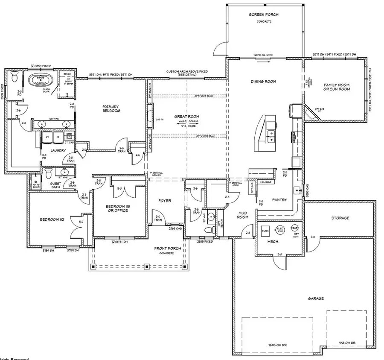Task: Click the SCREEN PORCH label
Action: click(264, 15)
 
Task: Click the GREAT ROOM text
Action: click(187, 117)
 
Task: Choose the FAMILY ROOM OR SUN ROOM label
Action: click(337, 87)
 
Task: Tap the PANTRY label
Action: click(279, 199)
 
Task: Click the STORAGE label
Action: click(340, 218)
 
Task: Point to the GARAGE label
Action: click(317, 299)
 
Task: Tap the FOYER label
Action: click(164, 201)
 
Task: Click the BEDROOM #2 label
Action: click(52, 220)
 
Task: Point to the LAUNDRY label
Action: click(58, 150)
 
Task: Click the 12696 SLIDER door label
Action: click(262, 55)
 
